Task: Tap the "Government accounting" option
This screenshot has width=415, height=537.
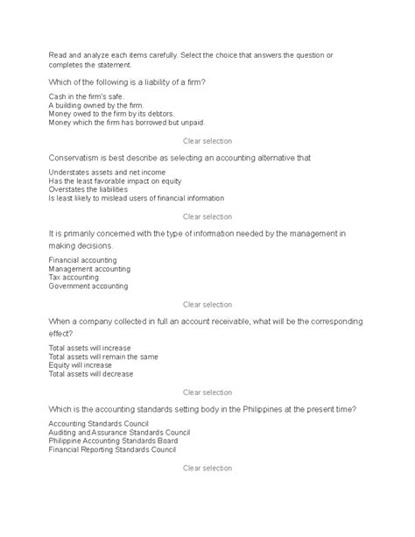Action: (x=88, y=286)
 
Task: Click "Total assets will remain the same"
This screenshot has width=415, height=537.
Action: (x=103, y=357)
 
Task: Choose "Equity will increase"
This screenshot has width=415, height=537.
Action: (x=80, y=365)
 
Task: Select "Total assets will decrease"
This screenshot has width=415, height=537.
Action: (x=91, y=374)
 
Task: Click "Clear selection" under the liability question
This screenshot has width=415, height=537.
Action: (x=207, y=140)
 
